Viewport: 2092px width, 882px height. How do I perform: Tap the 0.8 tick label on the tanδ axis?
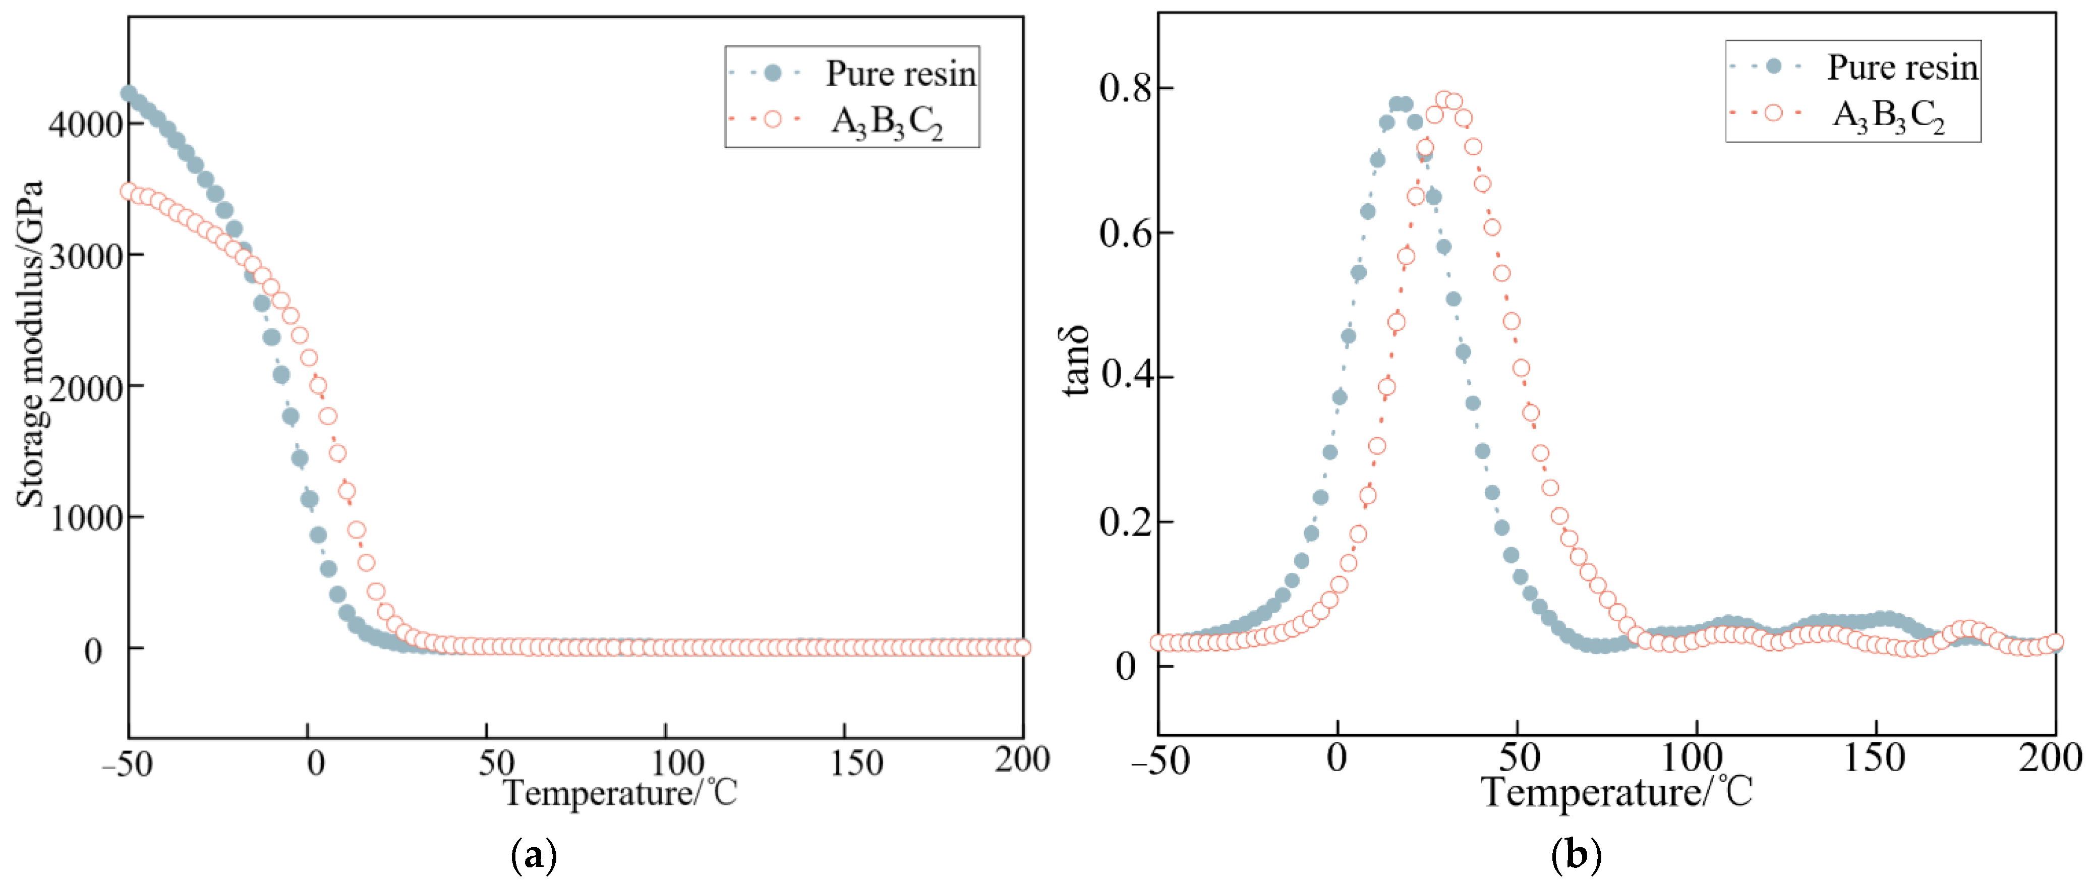click(1125, 88)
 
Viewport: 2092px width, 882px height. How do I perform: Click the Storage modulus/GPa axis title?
click(30, 344)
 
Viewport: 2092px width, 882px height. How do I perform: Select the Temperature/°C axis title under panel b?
click(1616, 792)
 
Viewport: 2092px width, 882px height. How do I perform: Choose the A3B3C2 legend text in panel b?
click(1888, 116)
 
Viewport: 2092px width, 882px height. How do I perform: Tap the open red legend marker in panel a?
click(772, 120)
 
